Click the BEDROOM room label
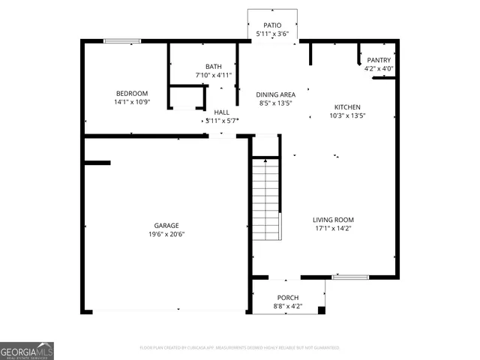click(x=132, y=93)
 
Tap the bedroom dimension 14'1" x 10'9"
click(x=132, y=102)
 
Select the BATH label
click(x=214, y=67)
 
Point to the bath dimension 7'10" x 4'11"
click(x=214, y=75)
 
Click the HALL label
click(x=221, y=112)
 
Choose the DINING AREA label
click(x=276, y=94)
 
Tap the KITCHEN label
click(x=347, y=107)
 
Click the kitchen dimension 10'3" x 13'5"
click(x=347, y=116)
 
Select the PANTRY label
click(x=379, y=60)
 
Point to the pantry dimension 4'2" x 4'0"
click(x=379, y=69)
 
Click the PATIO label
click(x=272, y=25)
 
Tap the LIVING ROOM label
click(x=332, y=220)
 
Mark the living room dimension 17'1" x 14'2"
click(x=332, y=229)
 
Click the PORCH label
click(x=288, y=298)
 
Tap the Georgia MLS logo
click(x=27, y=350)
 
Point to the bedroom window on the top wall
click(x=122, y=40)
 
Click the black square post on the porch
click(x=322, y=310)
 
